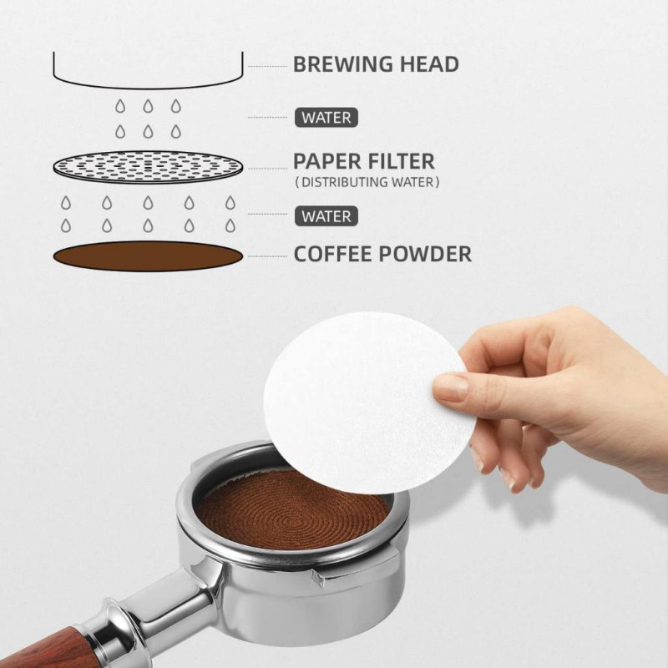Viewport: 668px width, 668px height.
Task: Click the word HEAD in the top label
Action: [x=429, y=64]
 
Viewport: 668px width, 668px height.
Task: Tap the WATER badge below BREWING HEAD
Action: [x=326, y=118]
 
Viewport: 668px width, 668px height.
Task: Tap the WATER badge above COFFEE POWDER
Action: [x=326, y=216]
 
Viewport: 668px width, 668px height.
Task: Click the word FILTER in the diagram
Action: [x=398, y=161]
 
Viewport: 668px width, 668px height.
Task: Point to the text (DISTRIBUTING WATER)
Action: [x=367, y=182]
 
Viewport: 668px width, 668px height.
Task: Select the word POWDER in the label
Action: [x=425, y=254]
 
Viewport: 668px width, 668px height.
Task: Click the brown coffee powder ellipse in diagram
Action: [x=148, y=256]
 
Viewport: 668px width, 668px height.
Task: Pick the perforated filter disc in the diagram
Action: [x=148, y=166]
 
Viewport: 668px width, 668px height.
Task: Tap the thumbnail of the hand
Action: [x=450, y=387]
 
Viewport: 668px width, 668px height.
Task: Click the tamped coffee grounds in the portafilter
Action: [x=294, y=509]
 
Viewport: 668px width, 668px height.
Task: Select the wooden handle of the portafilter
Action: [x=47, y=648]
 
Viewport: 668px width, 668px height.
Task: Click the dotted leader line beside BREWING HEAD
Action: [x=267, y=67]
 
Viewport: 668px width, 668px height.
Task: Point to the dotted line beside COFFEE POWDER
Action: [x=267, y=256]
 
